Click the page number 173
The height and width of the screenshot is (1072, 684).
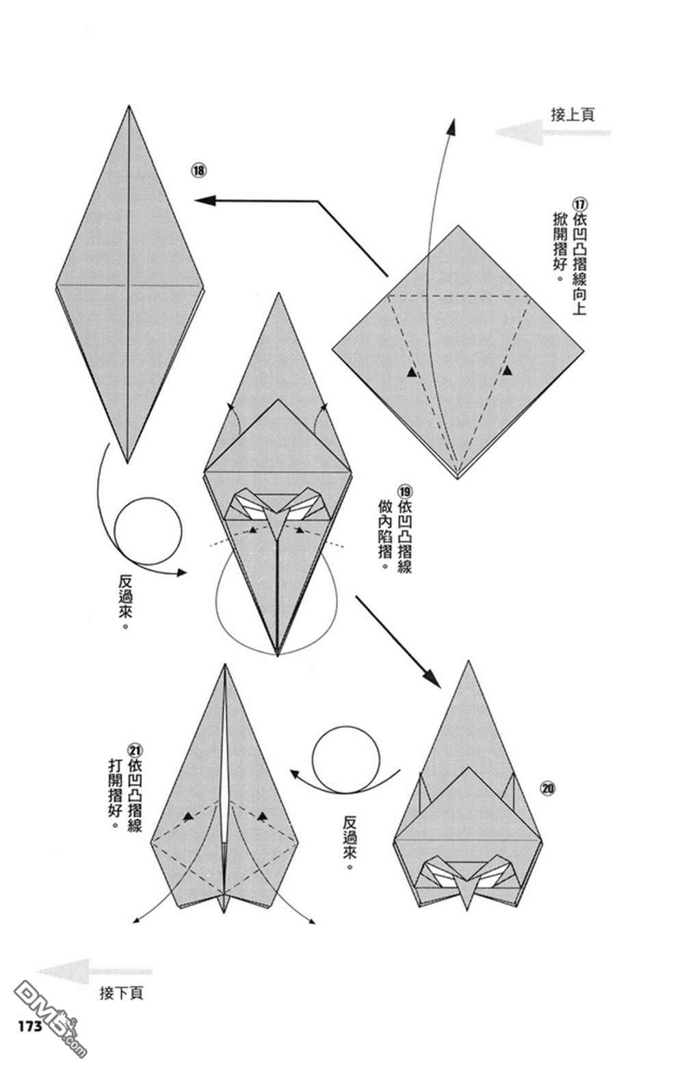coord(28,1026)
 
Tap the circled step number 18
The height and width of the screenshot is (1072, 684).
coord(199,170)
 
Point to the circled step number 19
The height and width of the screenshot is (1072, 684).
coord(404,491)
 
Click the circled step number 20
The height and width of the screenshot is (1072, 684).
coord(547,789)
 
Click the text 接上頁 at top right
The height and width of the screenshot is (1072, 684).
coord(573,114)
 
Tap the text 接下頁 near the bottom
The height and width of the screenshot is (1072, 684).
coord(121,993)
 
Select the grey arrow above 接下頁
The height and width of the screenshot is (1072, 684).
coord(93,971)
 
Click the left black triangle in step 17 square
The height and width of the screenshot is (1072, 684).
coord(410,372)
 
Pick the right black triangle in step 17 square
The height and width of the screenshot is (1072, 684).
coord(507,370)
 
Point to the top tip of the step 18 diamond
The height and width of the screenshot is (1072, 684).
coord(129,107)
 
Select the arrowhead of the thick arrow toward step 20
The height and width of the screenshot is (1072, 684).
coord(433,678)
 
